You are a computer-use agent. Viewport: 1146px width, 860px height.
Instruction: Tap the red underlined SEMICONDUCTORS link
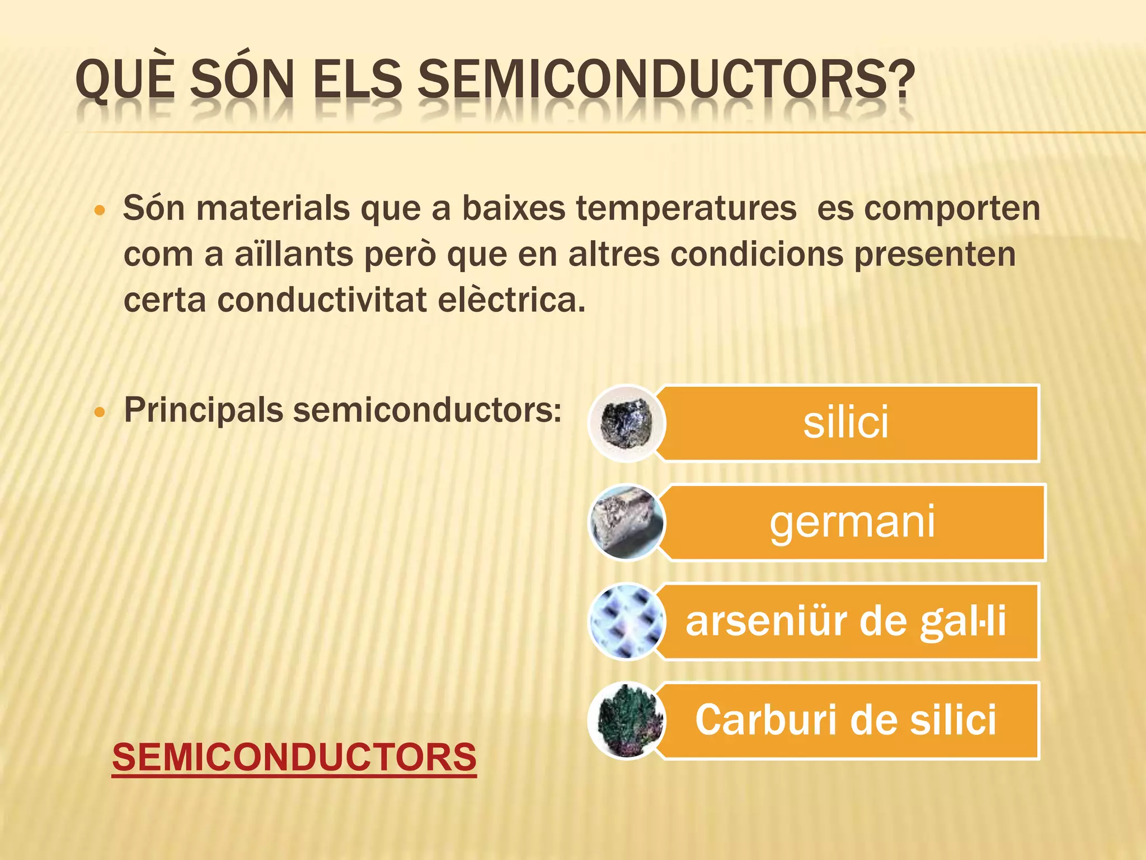[294, 757]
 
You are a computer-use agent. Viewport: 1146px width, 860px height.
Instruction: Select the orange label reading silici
[846, 423]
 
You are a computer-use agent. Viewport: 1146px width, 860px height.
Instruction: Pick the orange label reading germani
[852, 522]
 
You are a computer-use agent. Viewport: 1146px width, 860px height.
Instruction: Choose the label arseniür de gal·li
[846, 621]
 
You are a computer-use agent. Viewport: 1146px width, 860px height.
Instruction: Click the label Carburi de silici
[846, 721]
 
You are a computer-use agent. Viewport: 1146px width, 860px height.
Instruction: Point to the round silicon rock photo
[627, 423]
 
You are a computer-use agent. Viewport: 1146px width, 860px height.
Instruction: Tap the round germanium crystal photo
[627, 522]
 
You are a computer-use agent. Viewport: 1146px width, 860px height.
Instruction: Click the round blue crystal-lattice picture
[627, 621]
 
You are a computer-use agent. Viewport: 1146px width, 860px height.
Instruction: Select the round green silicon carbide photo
[627, 721]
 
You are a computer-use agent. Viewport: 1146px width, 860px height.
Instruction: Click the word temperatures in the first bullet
[686, 209]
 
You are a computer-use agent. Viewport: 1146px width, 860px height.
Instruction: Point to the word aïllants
[294, 254]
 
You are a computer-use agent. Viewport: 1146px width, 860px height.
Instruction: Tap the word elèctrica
[511, 300]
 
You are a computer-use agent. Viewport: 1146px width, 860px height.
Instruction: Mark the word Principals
[204, 410]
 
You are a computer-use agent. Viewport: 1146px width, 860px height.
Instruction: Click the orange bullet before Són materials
[100, 211]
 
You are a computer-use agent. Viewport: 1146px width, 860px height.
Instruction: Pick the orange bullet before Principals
[100, 413]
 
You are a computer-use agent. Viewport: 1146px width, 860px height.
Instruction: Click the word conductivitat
[322, 300]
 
